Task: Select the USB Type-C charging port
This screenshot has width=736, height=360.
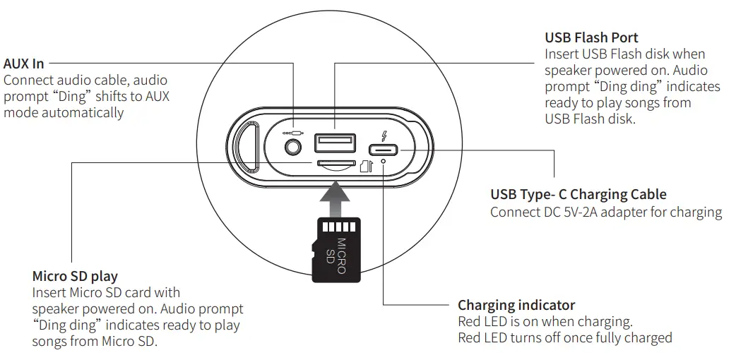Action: [384, 150]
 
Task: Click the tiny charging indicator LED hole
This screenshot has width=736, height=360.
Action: [383, 162]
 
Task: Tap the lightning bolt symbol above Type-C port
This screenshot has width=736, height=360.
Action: [384, 136]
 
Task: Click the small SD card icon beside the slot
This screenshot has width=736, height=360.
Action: [365, 165]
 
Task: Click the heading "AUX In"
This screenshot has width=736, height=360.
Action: [23, 64]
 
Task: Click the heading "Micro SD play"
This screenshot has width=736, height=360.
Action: [75, 275]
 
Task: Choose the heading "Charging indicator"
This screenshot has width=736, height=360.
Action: [516, 305]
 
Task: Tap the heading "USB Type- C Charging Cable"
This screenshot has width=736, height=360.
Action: [578, 194]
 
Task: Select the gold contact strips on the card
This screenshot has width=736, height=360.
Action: [336, 227]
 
